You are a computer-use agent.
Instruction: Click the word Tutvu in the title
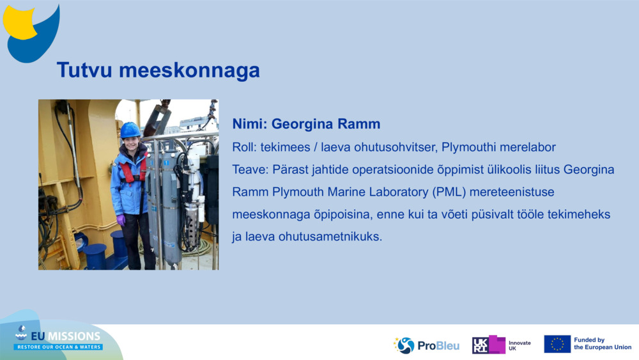84,70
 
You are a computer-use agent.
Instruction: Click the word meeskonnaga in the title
190,70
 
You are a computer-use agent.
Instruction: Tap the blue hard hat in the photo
130,130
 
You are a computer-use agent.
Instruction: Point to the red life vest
132,168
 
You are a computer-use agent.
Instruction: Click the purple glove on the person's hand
121,220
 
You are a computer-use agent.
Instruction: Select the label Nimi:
250,124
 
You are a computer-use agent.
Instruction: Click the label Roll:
245,147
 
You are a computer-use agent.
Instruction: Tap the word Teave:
250,169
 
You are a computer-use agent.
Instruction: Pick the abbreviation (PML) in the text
449,192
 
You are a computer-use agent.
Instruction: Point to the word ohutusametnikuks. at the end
330,237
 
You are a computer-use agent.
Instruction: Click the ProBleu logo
426,345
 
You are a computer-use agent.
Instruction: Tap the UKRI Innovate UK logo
501,345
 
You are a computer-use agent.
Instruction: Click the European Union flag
557,344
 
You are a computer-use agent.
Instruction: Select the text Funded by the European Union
603,343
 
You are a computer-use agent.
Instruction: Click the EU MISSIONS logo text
66,336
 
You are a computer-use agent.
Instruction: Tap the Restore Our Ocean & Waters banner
58,347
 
